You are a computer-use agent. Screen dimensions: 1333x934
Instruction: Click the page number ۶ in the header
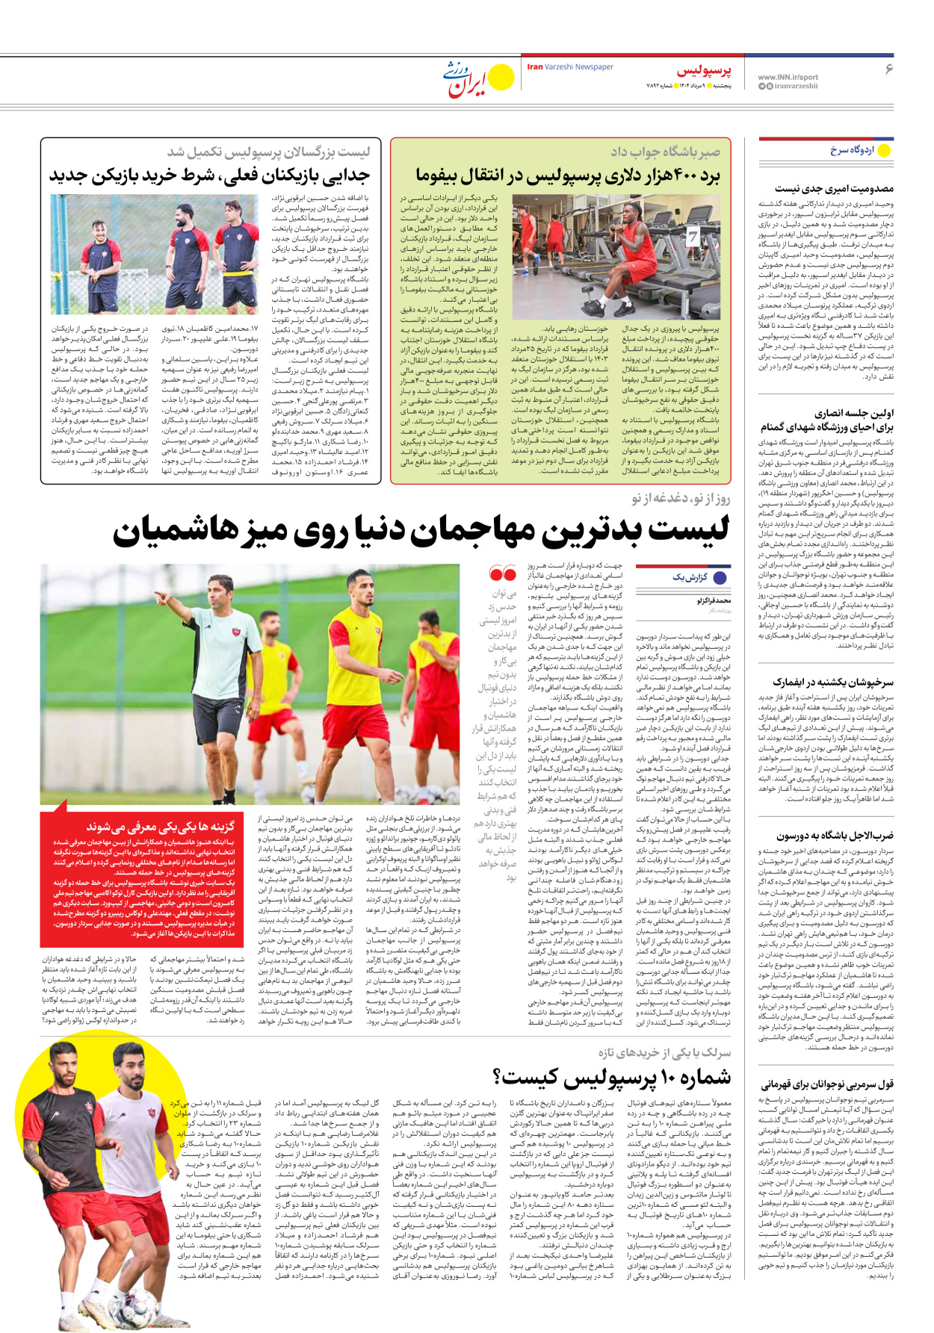tap(888, 69)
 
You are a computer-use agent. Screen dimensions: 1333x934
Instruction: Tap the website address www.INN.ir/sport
tap(788, 78)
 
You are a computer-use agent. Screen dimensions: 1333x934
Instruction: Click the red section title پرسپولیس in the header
tap(704, 71)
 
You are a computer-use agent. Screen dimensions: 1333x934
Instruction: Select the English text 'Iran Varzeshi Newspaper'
tap(570, 67)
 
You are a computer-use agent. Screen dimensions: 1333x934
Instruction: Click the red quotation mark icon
tap(502, 574)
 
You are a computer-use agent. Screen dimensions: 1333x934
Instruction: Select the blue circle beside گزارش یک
tap(720, 577)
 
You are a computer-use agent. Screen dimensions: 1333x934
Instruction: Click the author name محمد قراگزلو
tap(714, 600)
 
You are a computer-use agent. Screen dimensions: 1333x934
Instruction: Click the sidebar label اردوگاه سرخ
tap(852, 150)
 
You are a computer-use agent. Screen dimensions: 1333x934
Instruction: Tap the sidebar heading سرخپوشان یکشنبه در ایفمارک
tap(833, 683)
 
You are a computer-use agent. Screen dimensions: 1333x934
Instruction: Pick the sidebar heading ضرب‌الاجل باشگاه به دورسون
tap(835, 836)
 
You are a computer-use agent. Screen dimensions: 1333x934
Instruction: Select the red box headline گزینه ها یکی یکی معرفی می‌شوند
tap(160, 827)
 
